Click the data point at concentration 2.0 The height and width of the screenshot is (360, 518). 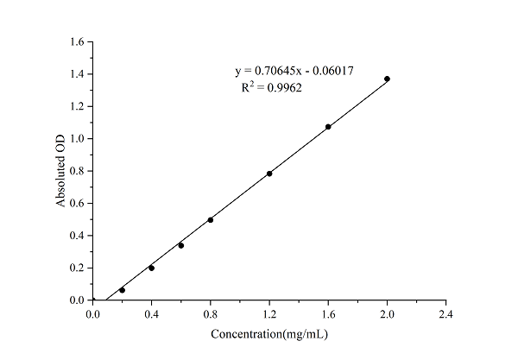387,79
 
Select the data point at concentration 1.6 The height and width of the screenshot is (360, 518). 328,127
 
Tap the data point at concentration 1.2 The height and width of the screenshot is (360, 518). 269,174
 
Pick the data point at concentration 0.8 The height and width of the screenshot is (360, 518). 211,220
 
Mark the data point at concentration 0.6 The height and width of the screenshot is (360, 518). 180,245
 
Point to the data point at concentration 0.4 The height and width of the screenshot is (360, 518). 151,268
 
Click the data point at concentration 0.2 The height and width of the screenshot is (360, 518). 122,290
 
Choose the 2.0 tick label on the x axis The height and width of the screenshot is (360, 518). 387,313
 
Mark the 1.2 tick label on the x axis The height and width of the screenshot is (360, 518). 269,313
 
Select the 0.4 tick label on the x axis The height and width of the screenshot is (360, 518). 151,313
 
